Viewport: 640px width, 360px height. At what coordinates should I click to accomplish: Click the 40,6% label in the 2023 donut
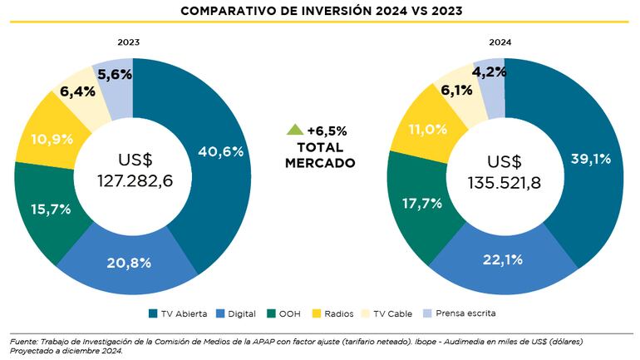[x=220, y=151]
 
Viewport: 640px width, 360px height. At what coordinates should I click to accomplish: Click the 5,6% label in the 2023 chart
[x=114, y=74]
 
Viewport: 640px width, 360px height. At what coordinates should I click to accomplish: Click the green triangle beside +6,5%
[x=294, y=130]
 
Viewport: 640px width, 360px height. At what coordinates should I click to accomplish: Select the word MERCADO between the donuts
[x=320, y=163]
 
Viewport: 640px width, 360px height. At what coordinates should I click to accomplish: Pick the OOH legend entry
[x=282, y=313]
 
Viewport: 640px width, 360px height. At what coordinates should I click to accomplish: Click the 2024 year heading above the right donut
[x=499, y=42]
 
